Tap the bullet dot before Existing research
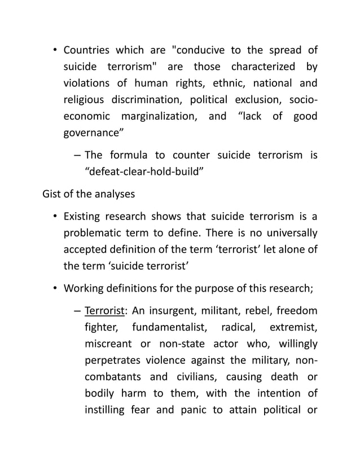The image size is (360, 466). pos(55,217)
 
